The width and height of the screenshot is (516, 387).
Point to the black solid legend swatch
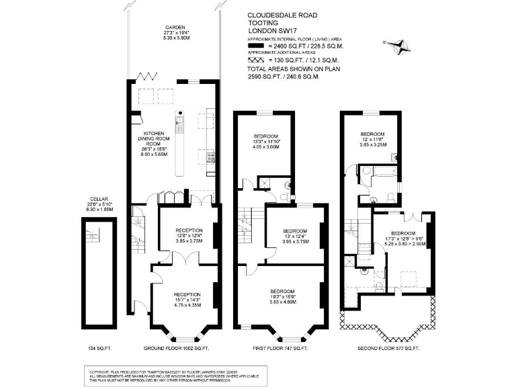[x=260, y=46]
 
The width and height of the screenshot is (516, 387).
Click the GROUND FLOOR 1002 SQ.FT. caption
[x=177, y=348]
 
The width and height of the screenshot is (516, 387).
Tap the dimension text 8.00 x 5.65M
[x=153, y=155]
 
